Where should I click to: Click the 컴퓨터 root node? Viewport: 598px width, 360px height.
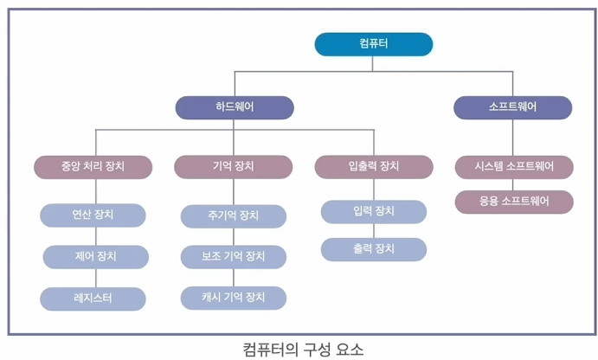[373, 44]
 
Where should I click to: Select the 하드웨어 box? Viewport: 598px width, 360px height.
[235, 107]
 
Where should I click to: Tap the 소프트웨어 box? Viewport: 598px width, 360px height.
[513, 107]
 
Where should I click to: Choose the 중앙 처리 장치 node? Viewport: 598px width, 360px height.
[93, 166]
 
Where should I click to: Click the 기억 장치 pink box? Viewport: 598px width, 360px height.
[234, 166]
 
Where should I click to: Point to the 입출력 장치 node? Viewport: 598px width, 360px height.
[374, 166]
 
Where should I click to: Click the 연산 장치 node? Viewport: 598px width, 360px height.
[93, 215]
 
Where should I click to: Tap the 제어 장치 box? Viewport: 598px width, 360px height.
[95, 256]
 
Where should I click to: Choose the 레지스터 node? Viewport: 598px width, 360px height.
[93, 299]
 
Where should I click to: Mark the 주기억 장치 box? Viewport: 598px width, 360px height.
[234, 215]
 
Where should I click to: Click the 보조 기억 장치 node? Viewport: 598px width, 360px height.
[234, 256]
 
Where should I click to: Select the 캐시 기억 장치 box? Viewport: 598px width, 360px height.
[234, 299]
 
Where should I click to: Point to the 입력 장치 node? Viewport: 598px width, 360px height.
[374, 211]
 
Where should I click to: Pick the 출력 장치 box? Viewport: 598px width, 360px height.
[374, 249]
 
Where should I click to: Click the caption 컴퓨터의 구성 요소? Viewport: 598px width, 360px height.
[304, 350]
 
